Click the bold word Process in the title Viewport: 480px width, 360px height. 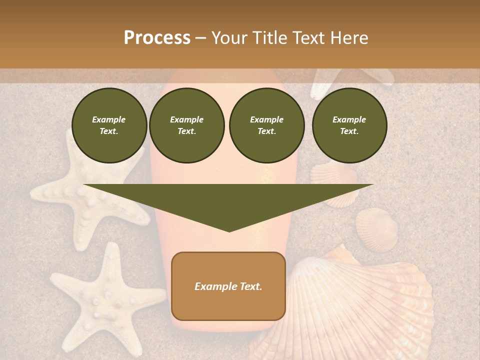[x=157, y=38]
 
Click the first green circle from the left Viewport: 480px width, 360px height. [x=109, y=125]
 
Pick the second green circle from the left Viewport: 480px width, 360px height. [x=187, y=125]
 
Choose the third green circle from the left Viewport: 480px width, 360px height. [x=267, y=125]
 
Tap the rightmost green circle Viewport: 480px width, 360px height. [x=349, y=125]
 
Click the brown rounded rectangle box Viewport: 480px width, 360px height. [x=228, y=305]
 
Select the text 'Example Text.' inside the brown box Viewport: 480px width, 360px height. [x=228, y=286]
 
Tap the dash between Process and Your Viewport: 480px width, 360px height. [x=200, y=38]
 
